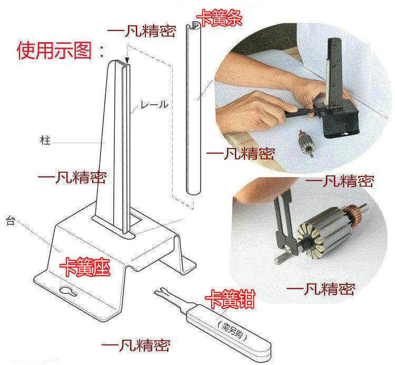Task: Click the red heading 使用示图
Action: [x=61, y=51]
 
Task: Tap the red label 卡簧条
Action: [x=220, y=19]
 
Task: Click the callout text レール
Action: [x=154, y=105]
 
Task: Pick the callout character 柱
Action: [x=45, y=141]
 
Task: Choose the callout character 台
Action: [x=9, y=220]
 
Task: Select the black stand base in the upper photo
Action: [x=337, y=121]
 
